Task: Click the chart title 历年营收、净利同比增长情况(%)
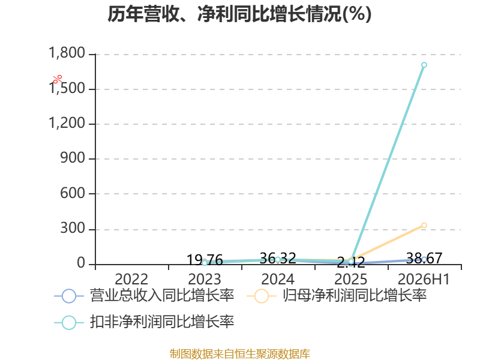tap(239, 14)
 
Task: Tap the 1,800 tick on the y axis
tap(67, 53)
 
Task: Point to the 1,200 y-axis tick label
tap(67, 123)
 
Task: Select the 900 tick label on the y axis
tap(73, 158)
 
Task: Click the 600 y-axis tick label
tap(73, 193)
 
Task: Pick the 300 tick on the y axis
tap(73, 229)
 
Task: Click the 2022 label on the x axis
tap(131, 280)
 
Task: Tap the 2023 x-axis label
tap(205, 280)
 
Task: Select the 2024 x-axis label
tap(278, 280)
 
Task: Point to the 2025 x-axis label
tap(351, 280)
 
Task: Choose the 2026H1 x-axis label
tap(424, 280)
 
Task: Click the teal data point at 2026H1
tap(424, 65)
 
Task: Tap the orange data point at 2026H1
tap(424, 226)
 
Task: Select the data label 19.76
tap(205, 260)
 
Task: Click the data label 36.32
tap(278, 259)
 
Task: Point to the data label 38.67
tap(424, 259)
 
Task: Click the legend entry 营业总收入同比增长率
tap(144, 296)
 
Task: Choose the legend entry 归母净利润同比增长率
tap(337, 296)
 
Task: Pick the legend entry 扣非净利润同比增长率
tap(144, 322)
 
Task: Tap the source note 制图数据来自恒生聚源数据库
tap(240, 354)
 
